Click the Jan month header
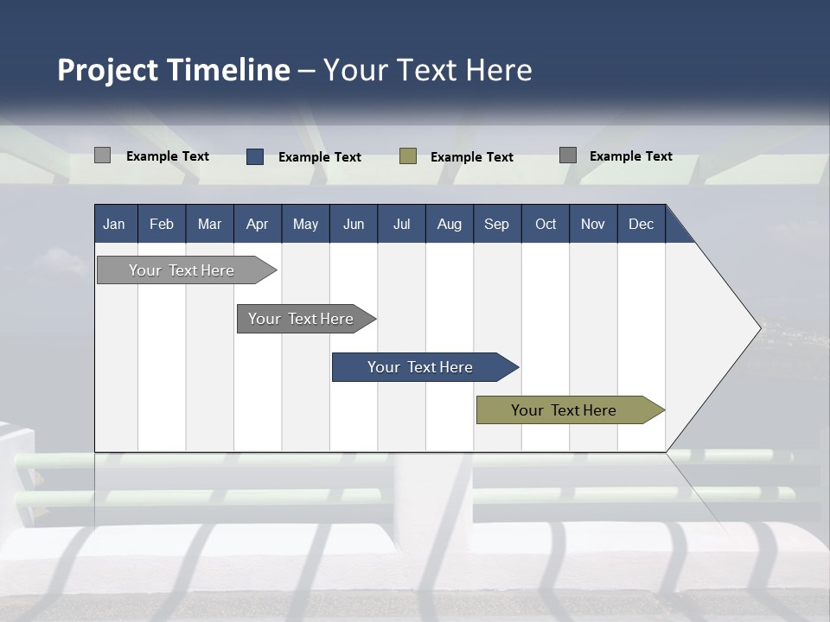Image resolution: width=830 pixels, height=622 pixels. (114, 225)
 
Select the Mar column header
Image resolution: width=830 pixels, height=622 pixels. (209, 225)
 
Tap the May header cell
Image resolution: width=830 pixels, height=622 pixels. (305, 225)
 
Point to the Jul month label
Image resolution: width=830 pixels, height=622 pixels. (401, 225)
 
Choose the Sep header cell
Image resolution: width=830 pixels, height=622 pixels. (496, 225)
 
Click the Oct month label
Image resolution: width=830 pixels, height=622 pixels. (546, 225)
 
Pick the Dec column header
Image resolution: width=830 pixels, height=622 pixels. (641, 225)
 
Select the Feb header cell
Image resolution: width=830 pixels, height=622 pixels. (162, 225)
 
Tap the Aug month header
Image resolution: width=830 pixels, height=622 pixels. (449, 225)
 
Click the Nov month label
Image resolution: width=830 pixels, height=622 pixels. (593, 225)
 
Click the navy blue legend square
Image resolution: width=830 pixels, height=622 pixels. (255, 156)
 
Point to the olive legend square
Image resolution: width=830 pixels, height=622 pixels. (408, 156)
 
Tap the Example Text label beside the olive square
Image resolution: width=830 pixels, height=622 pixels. (472, 157)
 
